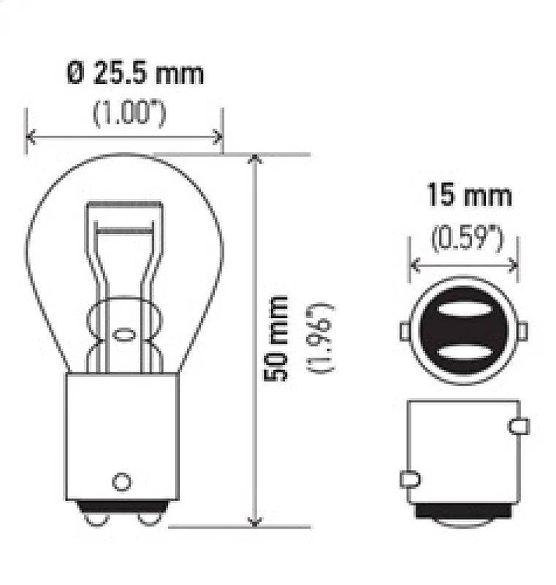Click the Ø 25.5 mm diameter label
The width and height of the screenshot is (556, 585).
point(134,74)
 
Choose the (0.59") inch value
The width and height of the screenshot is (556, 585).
point(465,239)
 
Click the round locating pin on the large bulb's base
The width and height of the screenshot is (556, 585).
point(121,481)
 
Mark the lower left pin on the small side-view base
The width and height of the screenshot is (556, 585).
point(409,480)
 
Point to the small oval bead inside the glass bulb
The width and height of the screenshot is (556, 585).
point(122,336)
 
